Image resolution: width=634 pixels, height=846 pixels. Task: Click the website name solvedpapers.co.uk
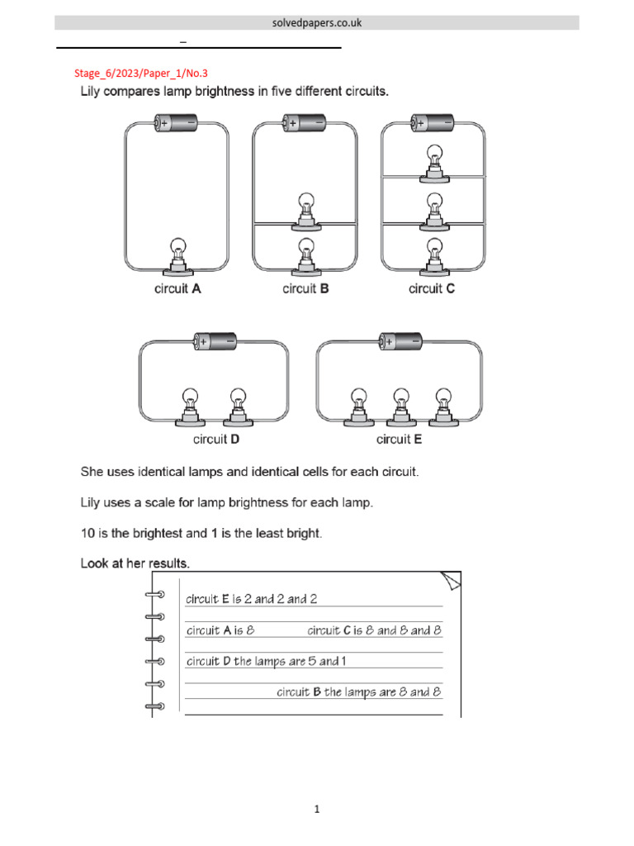(x=317, y=23)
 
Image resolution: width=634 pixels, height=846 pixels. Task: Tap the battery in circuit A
(x=177, y=123)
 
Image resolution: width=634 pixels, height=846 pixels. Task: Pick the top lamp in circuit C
(x=433, y=161)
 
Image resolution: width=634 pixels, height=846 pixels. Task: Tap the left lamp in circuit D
(x=189, y=404)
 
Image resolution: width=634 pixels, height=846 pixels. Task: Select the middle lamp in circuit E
(x=400, y=404)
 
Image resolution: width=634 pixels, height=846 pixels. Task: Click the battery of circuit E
(x=400, y=340)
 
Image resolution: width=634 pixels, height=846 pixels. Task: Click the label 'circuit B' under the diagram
(x=305, y=289)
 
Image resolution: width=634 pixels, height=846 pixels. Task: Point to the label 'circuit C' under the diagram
(x=432, y=289)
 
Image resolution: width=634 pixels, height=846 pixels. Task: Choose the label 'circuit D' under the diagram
(x=216, y=440)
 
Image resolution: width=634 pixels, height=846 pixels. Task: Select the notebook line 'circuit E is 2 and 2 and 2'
(x=252, y=599)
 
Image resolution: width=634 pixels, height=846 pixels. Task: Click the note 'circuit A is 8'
(x=220, y=630)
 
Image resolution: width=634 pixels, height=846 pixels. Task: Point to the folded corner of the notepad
(x=451, y=582)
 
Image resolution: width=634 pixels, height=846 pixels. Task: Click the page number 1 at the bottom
(x=317, y=810)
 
